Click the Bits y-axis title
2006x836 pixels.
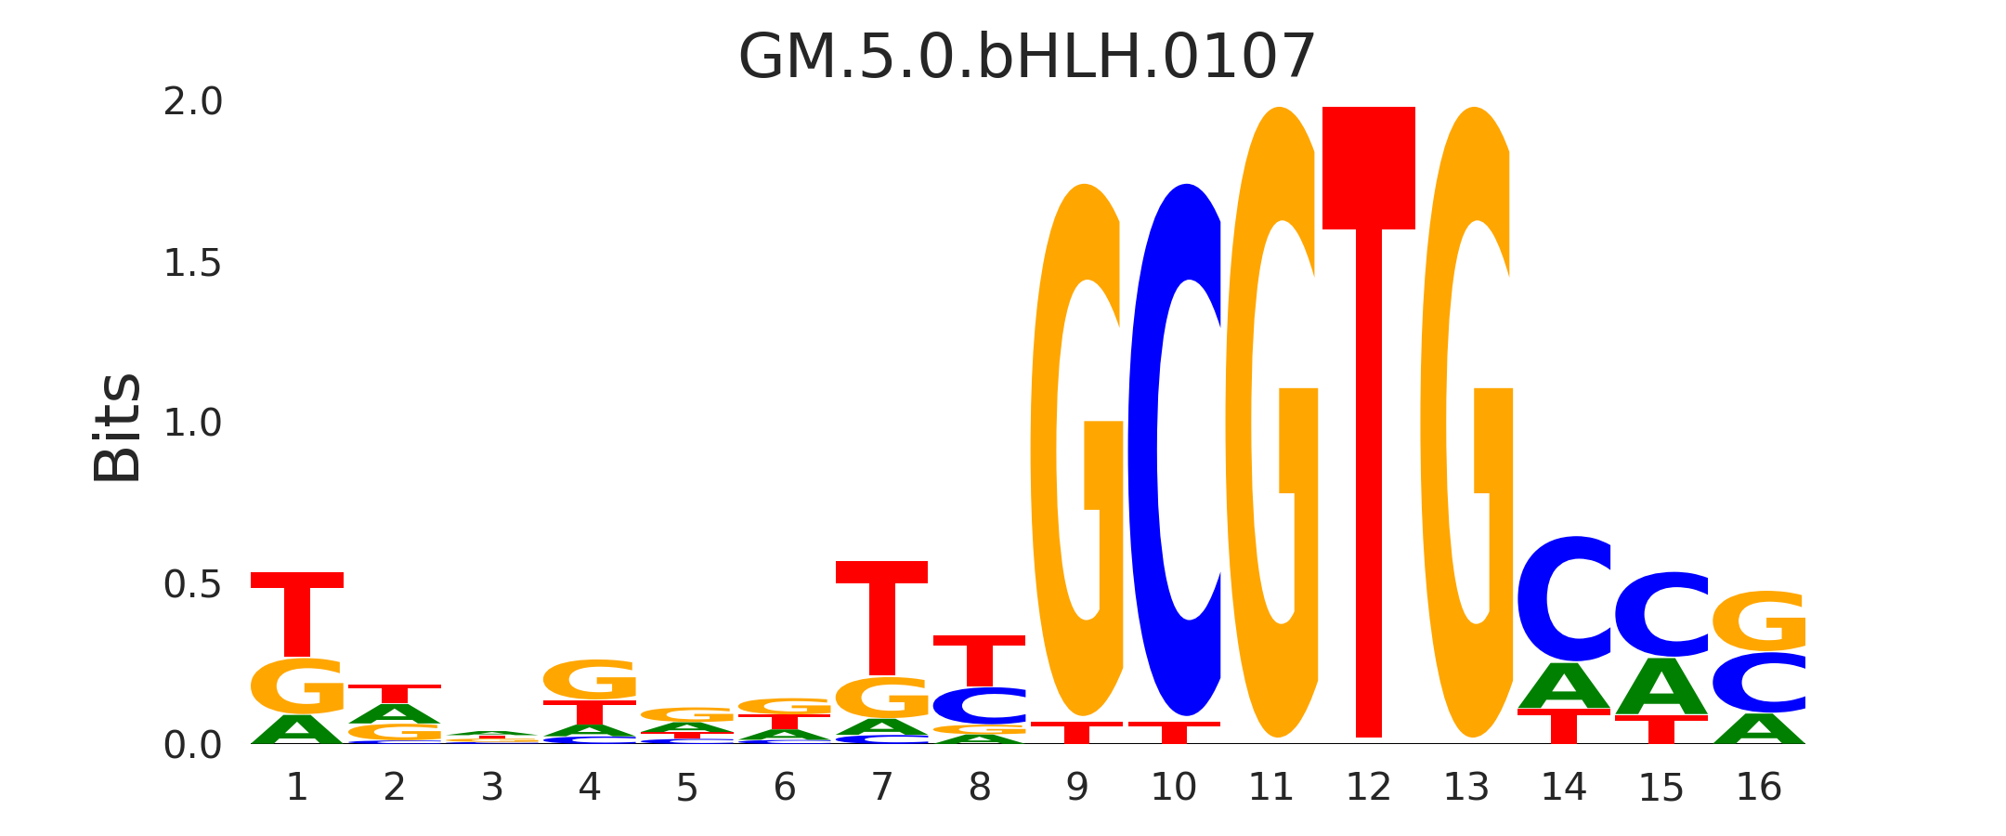coord(118,427)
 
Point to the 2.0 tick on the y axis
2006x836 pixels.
coord(193,102)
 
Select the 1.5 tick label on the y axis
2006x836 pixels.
coord(193,264)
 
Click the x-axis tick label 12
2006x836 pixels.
coord(1368,788)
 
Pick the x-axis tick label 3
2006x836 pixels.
coord(492,788)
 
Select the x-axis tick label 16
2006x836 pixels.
coord(1758,788)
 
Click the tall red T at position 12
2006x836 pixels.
coord(1368,418)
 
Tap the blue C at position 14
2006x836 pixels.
coord(1564,599)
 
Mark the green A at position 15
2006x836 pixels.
coord(1661,687)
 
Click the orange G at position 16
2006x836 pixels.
coord(1759,620)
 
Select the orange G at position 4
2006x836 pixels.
coord(590,680)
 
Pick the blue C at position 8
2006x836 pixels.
coord(979,706)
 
